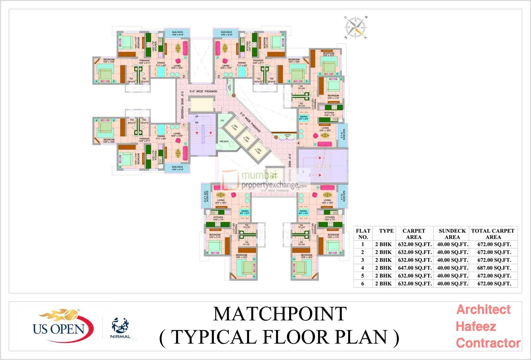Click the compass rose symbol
[355, 27]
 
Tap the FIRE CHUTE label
[224, 142]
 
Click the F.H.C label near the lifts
[222, 121]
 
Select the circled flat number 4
[298, 143]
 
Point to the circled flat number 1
[184, 125]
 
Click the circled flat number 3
[218, 77]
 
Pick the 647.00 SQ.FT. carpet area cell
[415, 268]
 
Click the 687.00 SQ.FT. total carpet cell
[494, 268]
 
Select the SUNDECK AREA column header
[452, 234]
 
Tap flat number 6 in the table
[362, 284]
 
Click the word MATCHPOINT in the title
[280, 314]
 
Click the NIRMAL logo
[120, 328]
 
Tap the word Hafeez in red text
[476, 326]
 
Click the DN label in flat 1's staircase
[196, 123]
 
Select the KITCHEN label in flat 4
[329, 113]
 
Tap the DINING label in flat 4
[304, 117]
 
